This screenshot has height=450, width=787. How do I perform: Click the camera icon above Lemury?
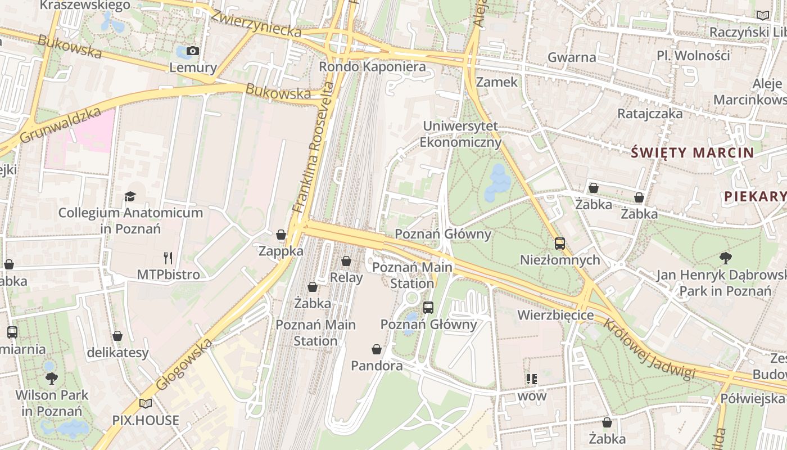pyautogui.click(x=193, y=51)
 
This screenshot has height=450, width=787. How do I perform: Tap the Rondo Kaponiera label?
pyautogui.click(x=372, y=67)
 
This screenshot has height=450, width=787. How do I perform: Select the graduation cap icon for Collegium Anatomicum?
pyautogui.click(x=130, y=196)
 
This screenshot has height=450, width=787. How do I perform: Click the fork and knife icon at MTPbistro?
pyautogui.click(x=168, y=258)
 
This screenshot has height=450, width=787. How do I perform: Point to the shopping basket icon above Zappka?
pyautogui.click(x=281, y=235)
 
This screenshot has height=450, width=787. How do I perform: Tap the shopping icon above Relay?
pyautogui.click(x=346, y=261)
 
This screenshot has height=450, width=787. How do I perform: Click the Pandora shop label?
pyautogui.click(x=377, y=366)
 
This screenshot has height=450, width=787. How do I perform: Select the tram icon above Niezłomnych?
pyautogui.click(x=559, y=244)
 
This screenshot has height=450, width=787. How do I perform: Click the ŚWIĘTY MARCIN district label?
pyautogui.click(x=692, y=152)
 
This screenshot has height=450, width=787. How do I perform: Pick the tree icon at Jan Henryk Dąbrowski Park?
pyautogui.click(x=725, y=258)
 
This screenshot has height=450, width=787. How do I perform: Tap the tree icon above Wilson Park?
pyautogui.click(x=52, y=378)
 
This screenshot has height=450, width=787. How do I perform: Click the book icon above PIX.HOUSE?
pyautogui.click(x=146, y=403)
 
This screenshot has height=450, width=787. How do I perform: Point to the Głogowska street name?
pyautogui.click(x=184, y=364)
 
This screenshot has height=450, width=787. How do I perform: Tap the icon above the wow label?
pyautogui.click(x=532, y=379)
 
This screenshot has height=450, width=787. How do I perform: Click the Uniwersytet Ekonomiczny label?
pyautogui.click(x=460, y=134)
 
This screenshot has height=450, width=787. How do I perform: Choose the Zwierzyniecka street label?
pyautogui.click(x=256, y=24)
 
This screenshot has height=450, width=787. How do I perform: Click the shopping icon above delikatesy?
pyautogui.click(x=117, y=336)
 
